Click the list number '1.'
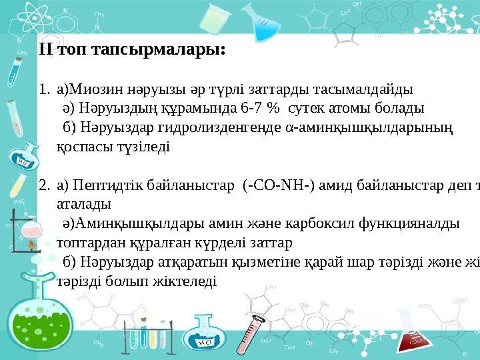pyautogui.click(x=43, y=89)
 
